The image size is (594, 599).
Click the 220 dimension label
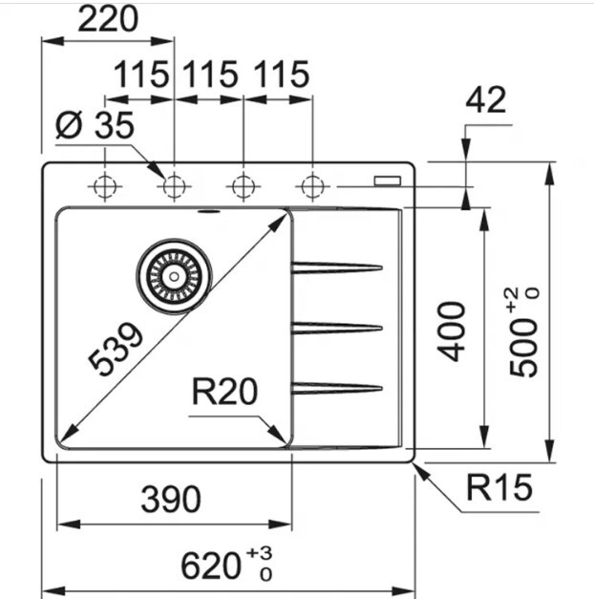(x=108, y=19)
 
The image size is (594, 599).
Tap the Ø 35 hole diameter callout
(x=95, y=125)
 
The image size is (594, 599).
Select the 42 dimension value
(x=485, y=99)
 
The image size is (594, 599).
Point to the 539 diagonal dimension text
(x=116, y=349)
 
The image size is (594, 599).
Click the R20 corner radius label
(x=224, y=391)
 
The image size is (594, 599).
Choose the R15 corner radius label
(x=499, y=487)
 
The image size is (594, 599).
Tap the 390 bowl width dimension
(x=171, y=499)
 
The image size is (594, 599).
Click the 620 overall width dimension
(x=211, y=567)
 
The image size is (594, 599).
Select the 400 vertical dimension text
(x=452, y=332)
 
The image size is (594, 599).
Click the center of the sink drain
(x=174, y=276)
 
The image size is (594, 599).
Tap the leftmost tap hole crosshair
(x=105, y=187)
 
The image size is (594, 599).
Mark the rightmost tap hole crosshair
(x=312, y=187)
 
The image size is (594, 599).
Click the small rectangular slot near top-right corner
(x=388, y=181)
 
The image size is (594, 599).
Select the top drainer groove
(x=336, y=267)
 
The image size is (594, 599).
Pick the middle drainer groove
(x=336, y=328)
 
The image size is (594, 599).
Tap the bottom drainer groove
(x=336, y=388)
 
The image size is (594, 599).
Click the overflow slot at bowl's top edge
(x=208, y=211)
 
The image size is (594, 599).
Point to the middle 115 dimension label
(x=210, y=75)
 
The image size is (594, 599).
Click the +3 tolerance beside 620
(x=259, y=553)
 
